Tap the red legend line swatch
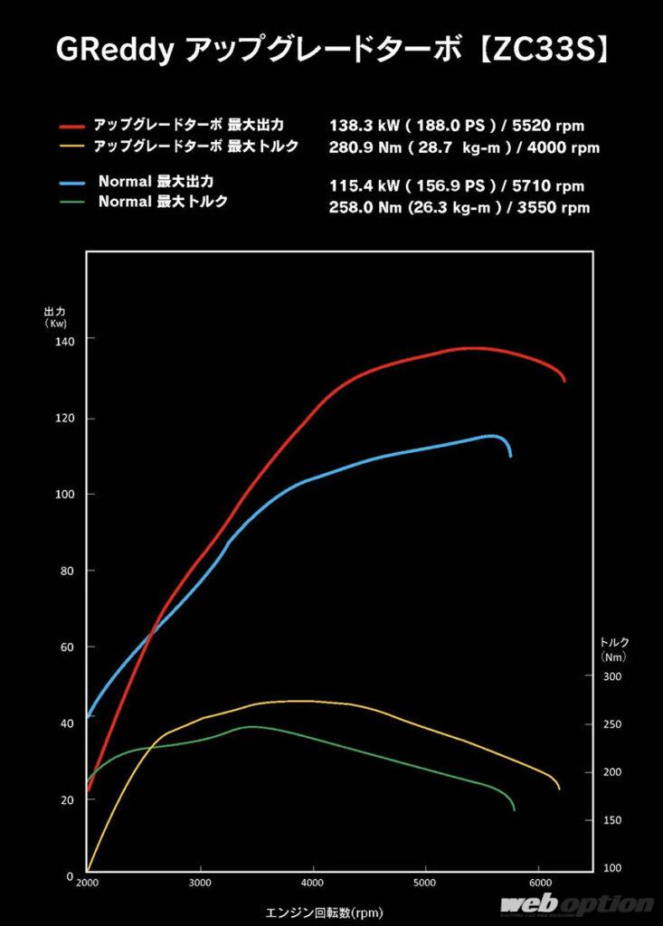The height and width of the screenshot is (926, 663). pyautogui.click(x=73, y=126)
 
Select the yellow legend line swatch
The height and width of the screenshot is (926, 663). pyautogui.click(x=73, y=146)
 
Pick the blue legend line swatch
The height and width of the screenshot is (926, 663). pyautogui.click(x=73, y=184)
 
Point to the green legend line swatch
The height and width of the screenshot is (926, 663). pyautogui.click(x=73, y=203)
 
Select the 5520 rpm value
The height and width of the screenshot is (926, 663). pyautogui.click(x=558, y=127)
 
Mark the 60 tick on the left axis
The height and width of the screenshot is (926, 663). pyautogui.click(x=65, y=647)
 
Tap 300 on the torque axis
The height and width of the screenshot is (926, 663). pyautogui.click(x=613, y=676)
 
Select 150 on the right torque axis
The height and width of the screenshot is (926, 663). pyautogui.click(x=613, y=819)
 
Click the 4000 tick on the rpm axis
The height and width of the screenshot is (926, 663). pyautogui.click(x=313, y=882)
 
